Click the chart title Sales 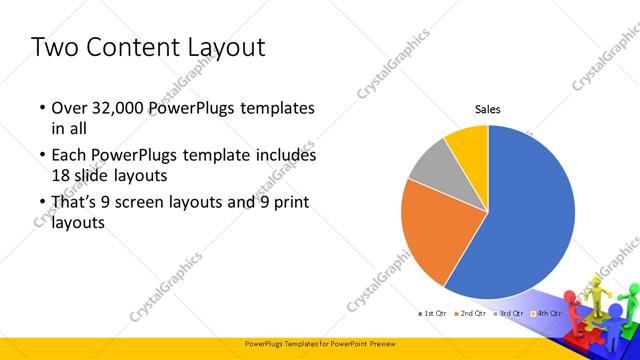487,110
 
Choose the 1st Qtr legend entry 432,314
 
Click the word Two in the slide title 56,47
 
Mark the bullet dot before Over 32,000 41,108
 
